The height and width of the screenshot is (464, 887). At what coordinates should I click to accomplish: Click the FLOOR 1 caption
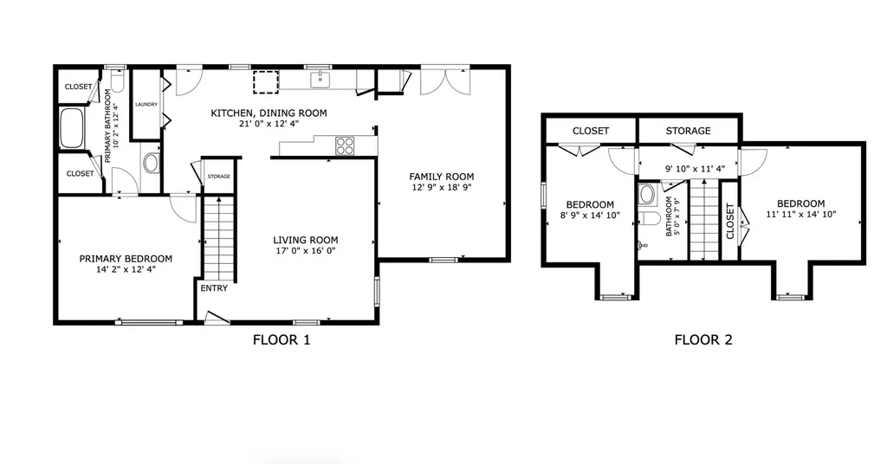click(x=282, y=339)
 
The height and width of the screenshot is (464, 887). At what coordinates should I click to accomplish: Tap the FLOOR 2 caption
click(x=703, y=339)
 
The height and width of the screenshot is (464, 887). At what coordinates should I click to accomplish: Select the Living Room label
click(x=306, y=240)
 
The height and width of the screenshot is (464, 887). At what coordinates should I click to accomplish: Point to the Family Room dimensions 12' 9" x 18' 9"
click(x=441, y=188)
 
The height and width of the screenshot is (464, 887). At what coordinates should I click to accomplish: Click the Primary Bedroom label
click(x=126, y=259)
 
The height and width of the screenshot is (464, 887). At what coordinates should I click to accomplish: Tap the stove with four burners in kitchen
click(x=345, y=146)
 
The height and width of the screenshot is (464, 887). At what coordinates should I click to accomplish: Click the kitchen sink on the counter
click(x=320, y=80)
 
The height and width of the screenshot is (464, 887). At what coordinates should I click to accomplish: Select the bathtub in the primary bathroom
click(x=72, y=128)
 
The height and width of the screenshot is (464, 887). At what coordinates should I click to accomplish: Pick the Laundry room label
click(x=146, y=105)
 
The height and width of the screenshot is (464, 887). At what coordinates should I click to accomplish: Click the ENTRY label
click(x=214, y=288)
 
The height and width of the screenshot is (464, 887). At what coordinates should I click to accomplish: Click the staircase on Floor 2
click(x=704, y=220)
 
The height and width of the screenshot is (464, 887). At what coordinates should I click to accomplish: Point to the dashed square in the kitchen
click(x=266, y=82)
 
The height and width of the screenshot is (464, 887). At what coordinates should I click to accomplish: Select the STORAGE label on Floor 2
click(x=688, y=131)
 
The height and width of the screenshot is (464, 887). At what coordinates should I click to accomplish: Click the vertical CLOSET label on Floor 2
click(x=729, y=221)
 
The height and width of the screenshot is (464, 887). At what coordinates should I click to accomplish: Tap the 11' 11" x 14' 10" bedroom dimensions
click(x=801, y=215)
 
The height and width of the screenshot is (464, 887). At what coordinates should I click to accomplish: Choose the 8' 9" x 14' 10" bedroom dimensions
click(x=590, y=216)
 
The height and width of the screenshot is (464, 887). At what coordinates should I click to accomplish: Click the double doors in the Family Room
click(x=445, y=82)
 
